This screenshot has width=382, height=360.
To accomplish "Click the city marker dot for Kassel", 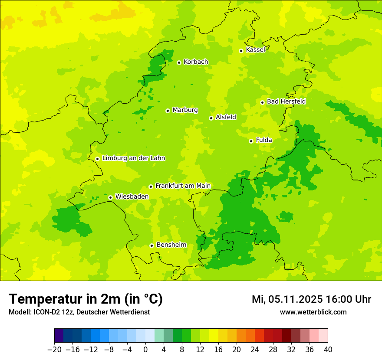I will (x=241, y=51).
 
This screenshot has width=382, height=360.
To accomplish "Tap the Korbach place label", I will (x=196, y=62).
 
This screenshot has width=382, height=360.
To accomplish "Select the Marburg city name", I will (x=185, y=110).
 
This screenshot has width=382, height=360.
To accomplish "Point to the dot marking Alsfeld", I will (x=211, y=118).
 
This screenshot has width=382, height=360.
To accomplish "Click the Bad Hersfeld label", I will (x=286, y=101).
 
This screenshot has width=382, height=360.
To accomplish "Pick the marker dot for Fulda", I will (x=251, y=141).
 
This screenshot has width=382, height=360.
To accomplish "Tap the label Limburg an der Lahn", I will (x=133, y=158).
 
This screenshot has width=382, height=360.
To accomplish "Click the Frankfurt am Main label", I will (x=183, y=186).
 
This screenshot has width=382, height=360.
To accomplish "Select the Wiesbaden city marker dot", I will (x=111, y=197).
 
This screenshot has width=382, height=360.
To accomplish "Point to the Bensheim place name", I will (x=171, y=245).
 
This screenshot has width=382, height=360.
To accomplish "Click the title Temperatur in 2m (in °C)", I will (x=86, y=299).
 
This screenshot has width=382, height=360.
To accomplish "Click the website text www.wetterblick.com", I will (x=313, y=312).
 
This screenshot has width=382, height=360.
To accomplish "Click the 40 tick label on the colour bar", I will (x=328, y=350).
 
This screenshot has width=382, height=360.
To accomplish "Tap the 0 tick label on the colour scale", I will (x=145, y=350).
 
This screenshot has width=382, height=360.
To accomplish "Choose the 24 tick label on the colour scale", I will (x=255, y=350).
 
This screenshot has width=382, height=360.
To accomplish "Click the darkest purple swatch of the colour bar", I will (x=59, y=336).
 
